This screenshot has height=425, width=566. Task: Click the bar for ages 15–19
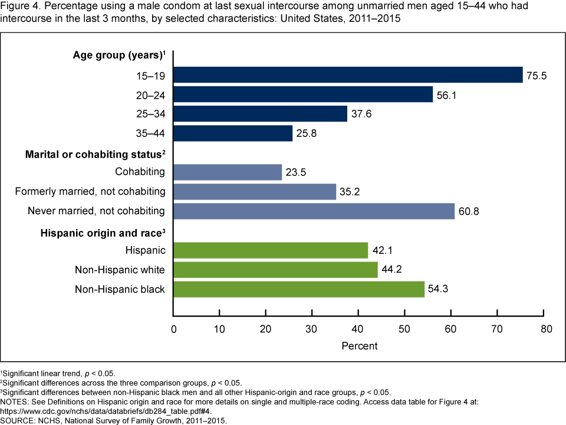[348, 75]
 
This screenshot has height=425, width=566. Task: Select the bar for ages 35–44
[233, 133]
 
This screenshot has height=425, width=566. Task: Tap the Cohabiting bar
[228, 172]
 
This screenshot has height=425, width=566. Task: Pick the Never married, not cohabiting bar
[314, 211]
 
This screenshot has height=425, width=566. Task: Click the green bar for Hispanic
[271, 250]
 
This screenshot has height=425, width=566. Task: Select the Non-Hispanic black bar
[299, 289]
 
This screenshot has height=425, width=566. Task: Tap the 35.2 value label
[352, 192]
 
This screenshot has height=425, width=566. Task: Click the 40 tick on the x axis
[358, 328]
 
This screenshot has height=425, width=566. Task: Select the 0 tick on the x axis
[174, 328]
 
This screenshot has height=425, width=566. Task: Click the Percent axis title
[359, 345]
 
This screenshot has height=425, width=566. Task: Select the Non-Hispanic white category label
[120, 270]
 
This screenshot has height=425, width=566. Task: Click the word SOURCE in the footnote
[18, 421]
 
